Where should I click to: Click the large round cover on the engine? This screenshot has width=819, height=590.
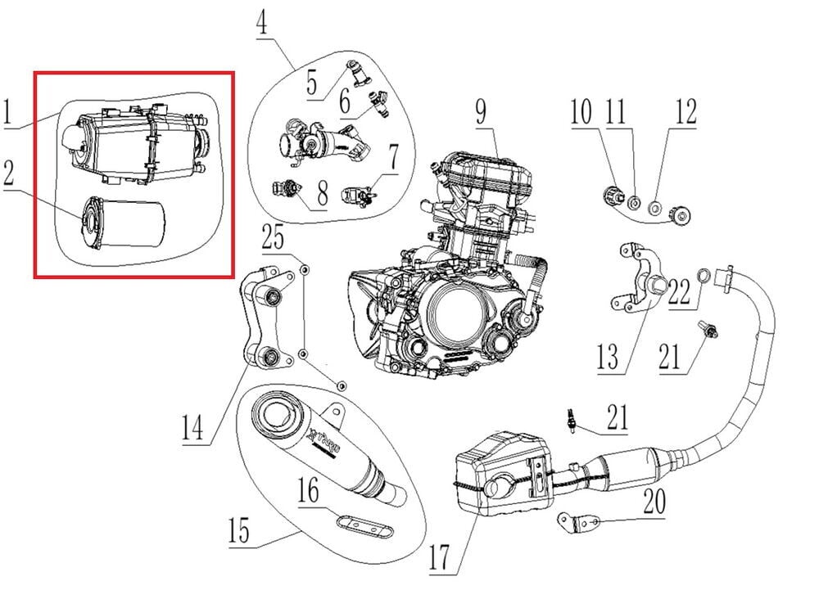coord(455,315)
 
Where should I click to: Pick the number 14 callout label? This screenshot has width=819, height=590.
coord(193,427)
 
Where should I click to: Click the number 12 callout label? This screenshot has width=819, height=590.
coord(686,112)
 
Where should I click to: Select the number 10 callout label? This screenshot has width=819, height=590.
coord(581,112)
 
